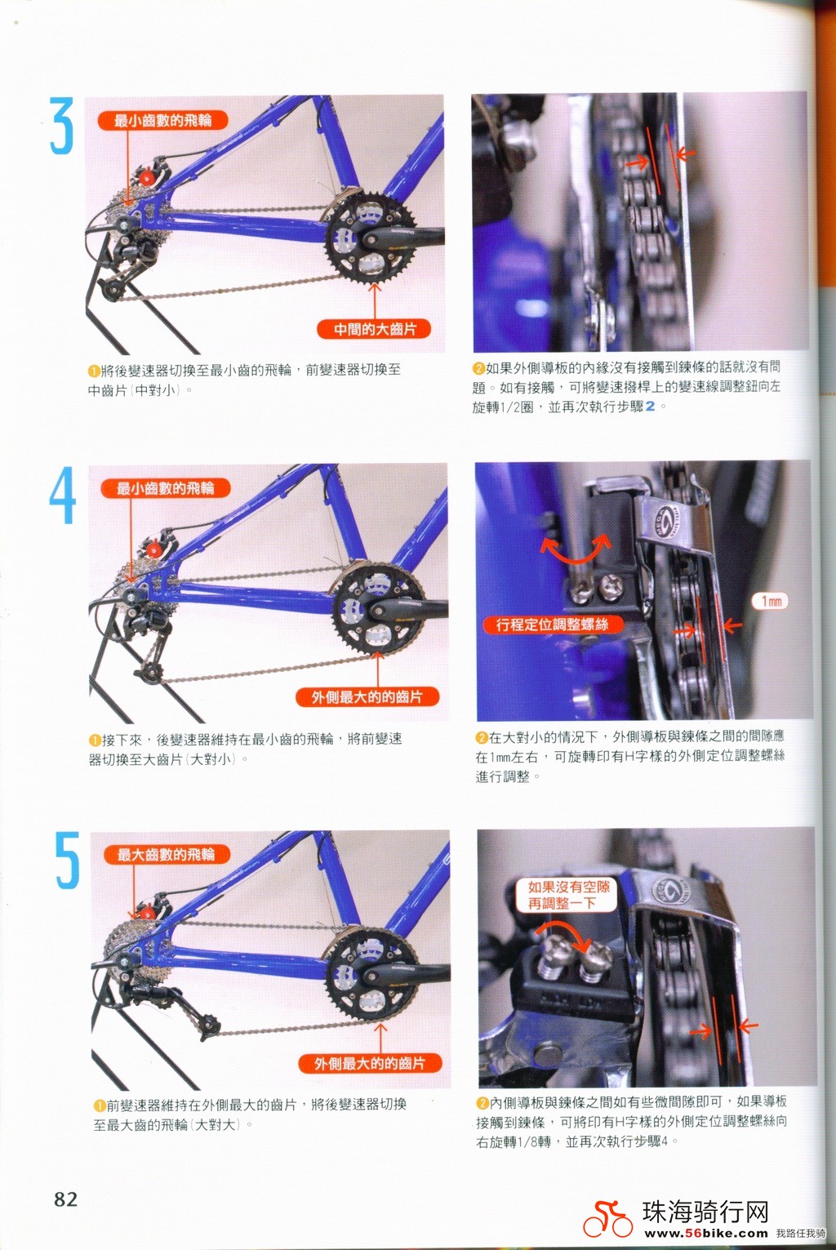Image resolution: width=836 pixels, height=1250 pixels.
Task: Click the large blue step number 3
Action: (x=61, y=126)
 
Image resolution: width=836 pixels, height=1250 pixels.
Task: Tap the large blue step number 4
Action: (x=62, y=496)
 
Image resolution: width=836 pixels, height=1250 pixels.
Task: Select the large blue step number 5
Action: (x=67, y=861)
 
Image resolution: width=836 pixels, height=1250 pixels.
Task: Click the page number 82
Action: (x=66, y=1199)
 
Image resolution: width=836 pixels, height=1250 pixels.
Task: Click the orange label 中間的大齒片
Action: (x=375, y=329)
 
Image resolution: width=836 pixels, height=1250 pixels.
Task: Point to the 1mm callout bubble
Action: (x=770, y=601)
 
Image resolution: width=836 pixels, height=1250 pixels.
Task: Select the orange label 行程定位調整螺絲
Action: (x=552, y=625)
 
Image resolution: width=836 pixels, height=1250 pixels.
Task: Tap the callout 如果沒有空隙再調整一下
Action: (x=568, y=895)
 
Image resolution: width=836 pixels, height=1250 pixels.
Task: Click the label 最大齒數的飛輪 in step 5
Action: (x=167, y=855)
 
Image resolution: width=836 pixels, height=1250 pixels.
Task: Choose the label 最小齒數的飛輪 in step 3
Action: (x=162, y=121)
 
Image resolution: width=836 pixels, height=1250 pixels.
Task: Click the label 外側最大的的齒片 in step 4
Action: (x=367, y=696)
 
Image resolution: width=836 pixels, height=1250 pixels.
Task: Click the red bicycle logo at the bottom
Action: (x=607, y=1219)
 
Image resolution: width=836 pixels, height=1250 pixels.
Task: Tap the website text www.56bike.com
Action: (x=706, y=1234)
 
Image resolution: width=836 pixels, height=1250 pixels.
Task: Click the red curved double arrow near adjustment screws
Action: (x=576, y=550)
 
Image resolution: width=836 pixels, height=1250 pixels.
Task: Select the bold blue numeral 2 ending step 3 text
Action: (x=650, y=407)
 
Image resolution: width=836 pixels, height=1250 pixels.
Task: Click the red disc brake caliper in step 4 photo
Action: (x=152, y=549)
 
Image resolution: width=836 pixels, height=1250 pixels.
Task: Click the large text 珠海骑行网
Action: (x=705, y=1212)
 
